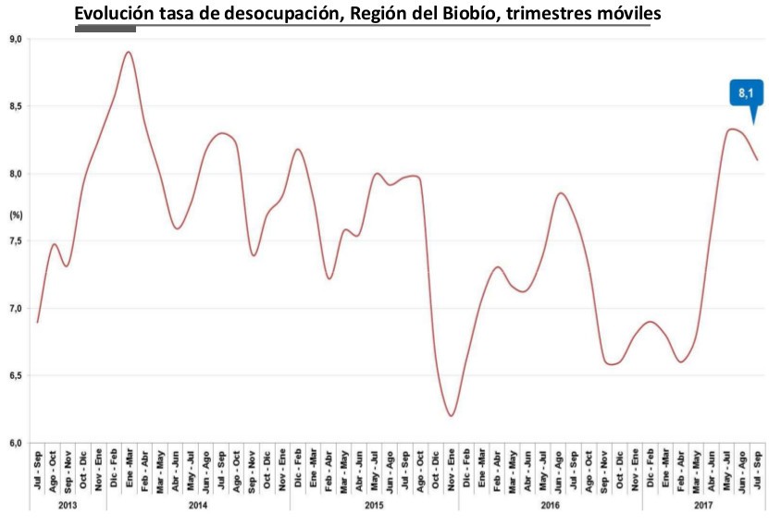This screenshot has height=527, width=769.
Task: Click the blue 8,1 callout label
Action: pyautogui.click(x=747, y=93)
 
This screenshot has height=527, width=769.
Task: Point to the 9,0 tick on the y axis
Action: pyautogui.click(x=15, y=39)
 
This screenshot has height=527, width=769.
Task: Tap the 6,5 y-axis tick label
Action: pyautogui.click(x=15, y=375)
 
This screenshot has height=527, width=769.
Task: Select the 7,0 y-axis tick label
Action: pyautogui.click(x=15, y=308)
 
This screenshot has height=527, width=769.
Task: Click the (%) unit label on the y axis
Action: pyautogui.click(x=15, y=215)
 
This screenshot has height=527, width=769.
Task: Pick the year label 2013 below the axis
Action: pyautogui.click(x=68, y=506)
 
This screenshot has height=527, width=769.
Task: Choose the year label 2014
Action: pyautogui.click(x=197, y=506)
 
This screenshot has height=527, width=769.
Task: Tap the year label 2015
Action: pyautogui.click(x=373, y=506)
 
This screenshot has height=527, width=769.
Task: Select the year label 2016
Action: pyautogui.click(x=549, y=506)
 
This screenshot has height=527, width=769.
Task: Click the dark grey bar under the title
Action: pyautogui.click(x=105, y=30)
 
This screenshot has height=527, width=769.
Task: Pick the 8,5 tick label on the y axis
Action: pyautogui.click(x=15, y=106)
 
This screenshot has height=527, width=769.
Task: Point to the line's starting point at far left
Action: pyautogui.click(x=37, y=322)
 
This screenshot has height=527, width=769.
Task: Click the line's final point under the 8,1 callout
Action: pyautogui.click(x=757, y=160)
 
